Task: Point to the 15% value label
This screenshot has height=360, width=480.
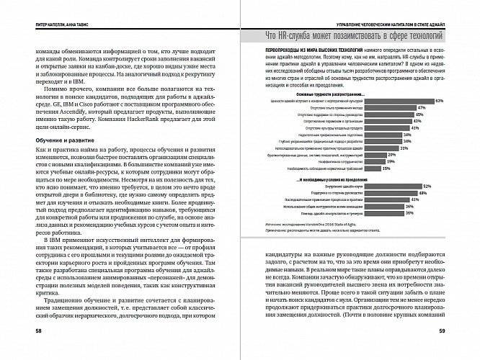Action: pos(386,168)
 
